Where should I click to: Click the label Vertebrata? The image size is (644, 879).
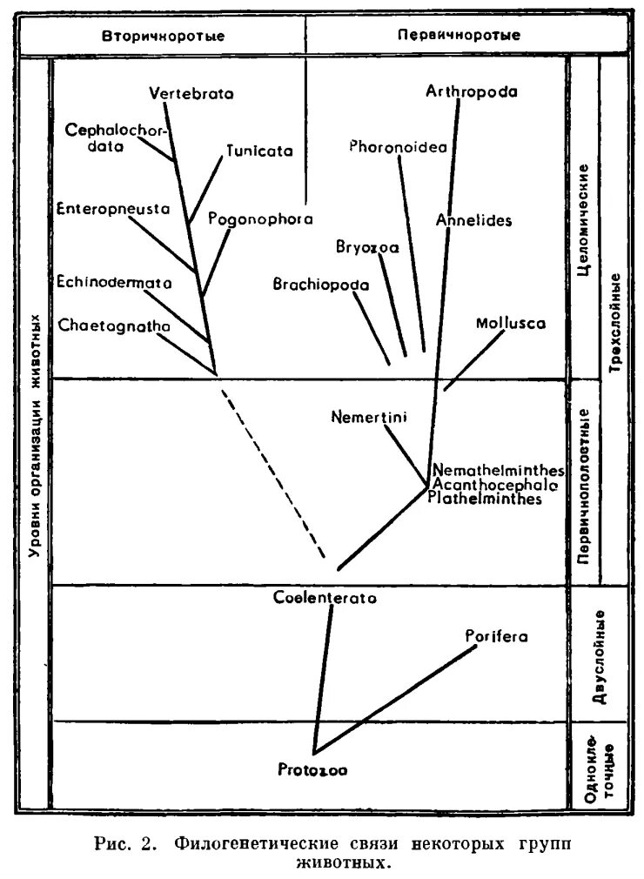point(191,94)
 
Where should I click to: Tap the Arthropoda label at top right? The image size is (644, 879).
point(473,91)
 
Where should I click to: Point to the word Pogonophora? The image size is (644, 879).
point(260,219)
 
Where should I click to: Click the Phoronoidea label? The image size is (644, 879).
point(398,147)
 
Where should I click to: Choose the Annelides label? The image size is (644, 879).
point(474,220)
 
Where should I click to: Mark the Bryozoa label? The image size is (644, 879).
point(367,246)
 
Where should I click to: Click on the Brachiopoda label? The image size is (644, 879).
point(321,285)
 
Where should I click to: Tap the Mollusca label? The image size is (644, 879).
point(511,324)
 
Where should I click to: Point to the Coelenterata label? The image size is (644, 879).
point(325,598)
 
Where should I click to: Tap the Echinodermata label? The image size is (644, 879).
point(114,282)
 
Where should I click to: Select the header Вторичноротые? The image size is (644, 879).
point(164,37)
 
